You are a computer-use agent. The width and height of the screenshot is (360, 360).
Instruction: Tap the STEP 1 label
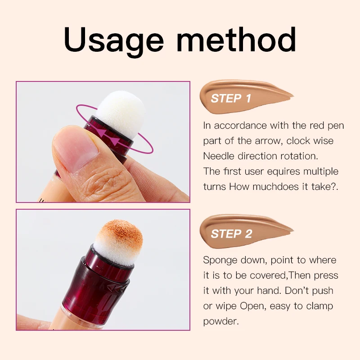pos(231,98)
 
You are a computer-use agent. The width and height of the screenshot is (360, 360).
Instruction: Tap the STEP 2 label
pos(231,234)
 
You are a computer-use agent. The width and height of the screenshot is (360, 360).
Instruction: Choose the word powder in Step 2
pos(220,322)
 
